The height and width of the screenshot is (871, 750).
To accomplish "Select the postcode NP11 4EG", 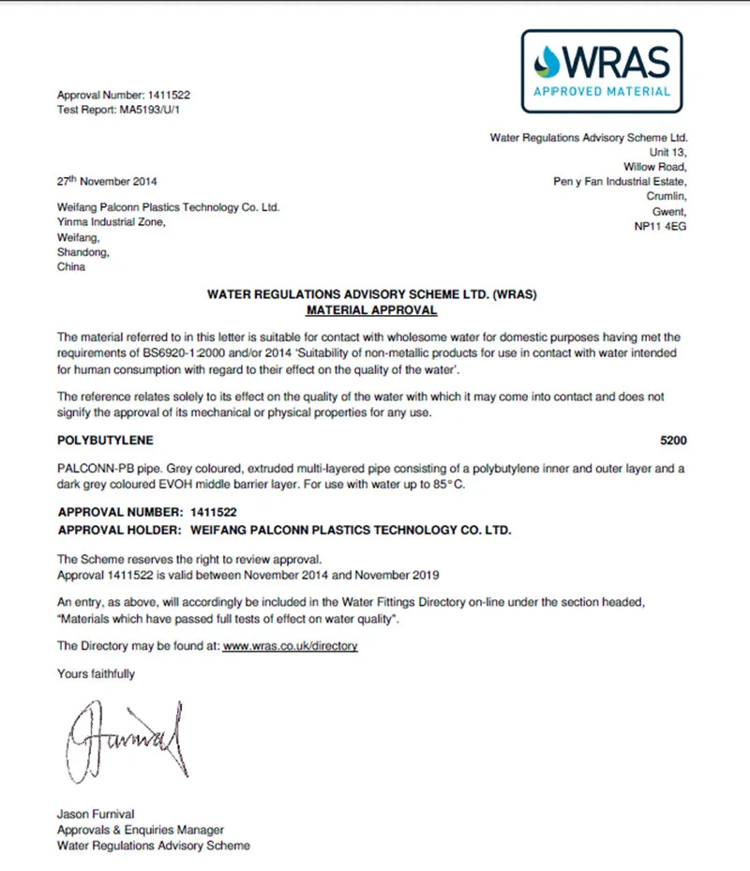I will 661,227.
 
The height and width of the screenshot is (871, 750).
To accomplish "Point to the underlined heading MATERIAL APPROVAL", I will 371,308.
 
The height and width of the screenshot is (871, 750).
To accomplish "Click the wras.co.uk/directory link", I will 290,646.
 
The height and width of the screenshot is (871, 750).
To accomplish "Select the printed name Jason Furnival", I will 97,814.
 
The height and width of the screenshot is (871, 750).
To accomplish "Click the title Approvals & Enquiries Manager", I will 141,830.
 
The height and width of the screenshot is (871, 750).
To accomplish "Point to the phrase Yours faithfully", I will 96,673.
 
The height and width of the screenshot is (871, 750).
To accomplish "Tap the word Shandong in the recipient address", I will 83,252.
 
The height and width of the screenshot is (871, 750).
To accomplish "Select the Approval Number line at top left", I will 124,95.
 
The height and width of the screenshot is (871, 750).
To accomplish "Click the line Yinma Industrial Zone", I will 112,222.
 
